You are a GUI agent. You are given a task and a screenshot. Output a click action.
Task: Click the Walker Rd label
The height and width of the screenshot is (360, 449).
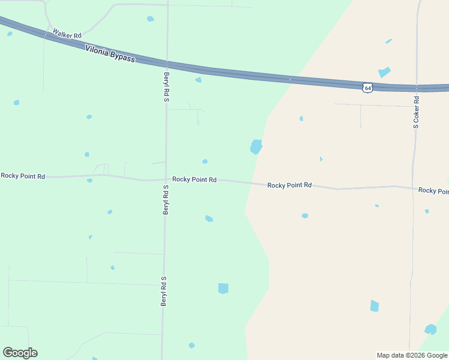tap(67, 34)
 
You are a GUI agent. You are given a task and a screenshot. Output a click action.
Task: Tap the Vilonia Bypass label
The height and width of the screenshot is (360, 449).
tap(110, 54)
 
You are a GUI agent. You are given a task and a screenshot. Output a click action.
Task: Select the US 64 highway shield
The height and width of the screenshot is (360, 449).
tap(368, 88)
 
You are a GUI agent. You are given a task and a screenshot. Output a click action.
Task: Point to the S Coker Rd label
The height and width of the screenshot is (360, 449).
tap(416, 112)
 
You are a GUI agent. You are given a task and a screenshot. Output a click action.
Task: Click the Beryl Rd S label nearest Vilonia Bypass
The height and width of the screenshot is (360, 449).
tap(167, 87)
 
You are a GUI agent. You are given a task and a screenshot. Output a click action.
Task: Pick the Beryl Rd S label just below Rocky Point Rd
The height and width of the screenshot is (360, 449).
tap(166, 200)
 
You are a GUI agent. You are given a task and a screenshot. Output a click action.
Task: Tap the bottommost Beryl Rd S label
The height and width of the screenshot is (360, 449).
tap(163, 292)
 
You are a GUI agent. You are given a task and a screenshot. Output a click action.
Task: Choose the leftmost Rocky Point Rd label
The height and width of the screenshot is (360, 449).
tap(23, 176)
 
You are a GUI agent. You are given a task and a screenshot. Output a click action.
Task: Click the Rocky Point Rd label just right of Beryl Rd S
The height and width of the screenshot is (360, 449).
tap(194, 179)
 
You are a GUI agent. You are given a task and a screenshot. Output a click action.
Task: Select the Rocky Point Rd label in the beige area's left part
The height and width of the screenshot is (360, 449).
tap(289, 185)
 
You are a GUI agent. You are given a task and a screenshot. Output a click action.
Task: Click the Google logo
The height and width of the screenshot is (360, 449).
tap(20, 353)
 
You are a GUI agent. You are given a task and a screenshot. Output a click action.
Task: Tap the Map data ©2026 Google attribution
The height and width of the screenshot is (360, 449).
tap(412, 355)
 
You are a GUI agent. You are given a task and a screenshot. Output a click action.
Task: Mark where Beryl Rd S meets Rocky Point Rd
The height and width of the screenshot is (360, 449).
tap(166, 179)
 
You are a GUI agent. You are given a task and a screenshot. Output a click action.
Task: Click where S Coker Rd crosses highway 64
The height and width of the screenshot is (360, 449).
tap(416, 88)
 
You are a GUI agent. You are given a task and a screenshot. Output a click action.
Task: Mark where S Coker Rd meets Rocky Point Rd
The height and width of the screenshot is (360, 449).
tap(412, 187)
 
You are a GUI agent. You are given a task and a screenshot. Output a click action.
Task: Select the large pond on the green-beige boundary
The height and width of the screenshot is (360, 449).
tap(256, 146)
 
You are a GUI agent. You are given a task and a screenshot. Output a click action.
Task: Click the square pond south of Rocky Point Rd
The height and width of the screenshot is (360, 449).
tap(223, 288)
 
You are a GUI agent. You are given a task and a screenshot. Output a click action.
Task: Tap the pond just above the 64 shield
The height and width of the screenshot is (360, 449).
tap(384, 72)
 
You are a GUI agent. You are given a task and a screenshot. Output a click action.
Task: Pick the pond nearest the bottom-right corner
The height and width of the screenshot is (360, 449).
tap(430, 329)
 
